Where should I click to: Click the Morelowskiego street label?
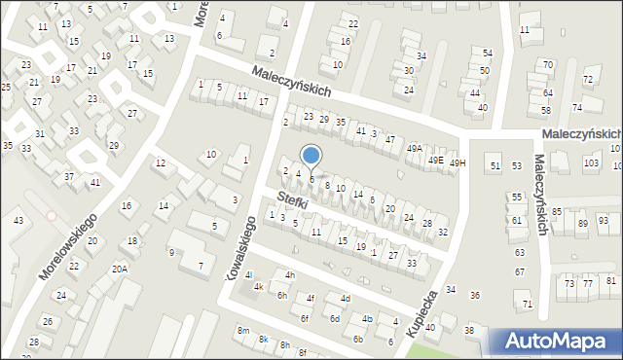click(x=67, y=249)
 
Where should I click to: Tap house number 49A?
click(x=414, y=149)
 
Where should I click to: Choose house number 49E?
click(x=437, y=160)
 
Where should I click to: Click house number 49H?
click(x=458, y=163)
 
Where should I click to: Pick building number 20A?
click(x=120, y=269)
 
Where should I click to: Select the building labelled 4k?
click(x=258, y=287)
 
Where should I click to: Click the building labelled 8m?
click(x=242, y=332)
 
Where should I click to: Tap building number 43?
click(x=18, y=221)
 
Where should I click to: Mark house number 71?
click(x=528, y=305)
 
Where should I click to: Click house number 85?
click(x=557, y=211)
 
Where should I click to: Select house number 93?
click(x=604, y=221)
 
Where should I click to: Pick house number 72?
click(x=588, y=79)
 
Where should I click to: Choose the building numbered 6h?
click(x=281, y=295)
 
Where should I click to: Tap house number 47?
click(x=389, y=140)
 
